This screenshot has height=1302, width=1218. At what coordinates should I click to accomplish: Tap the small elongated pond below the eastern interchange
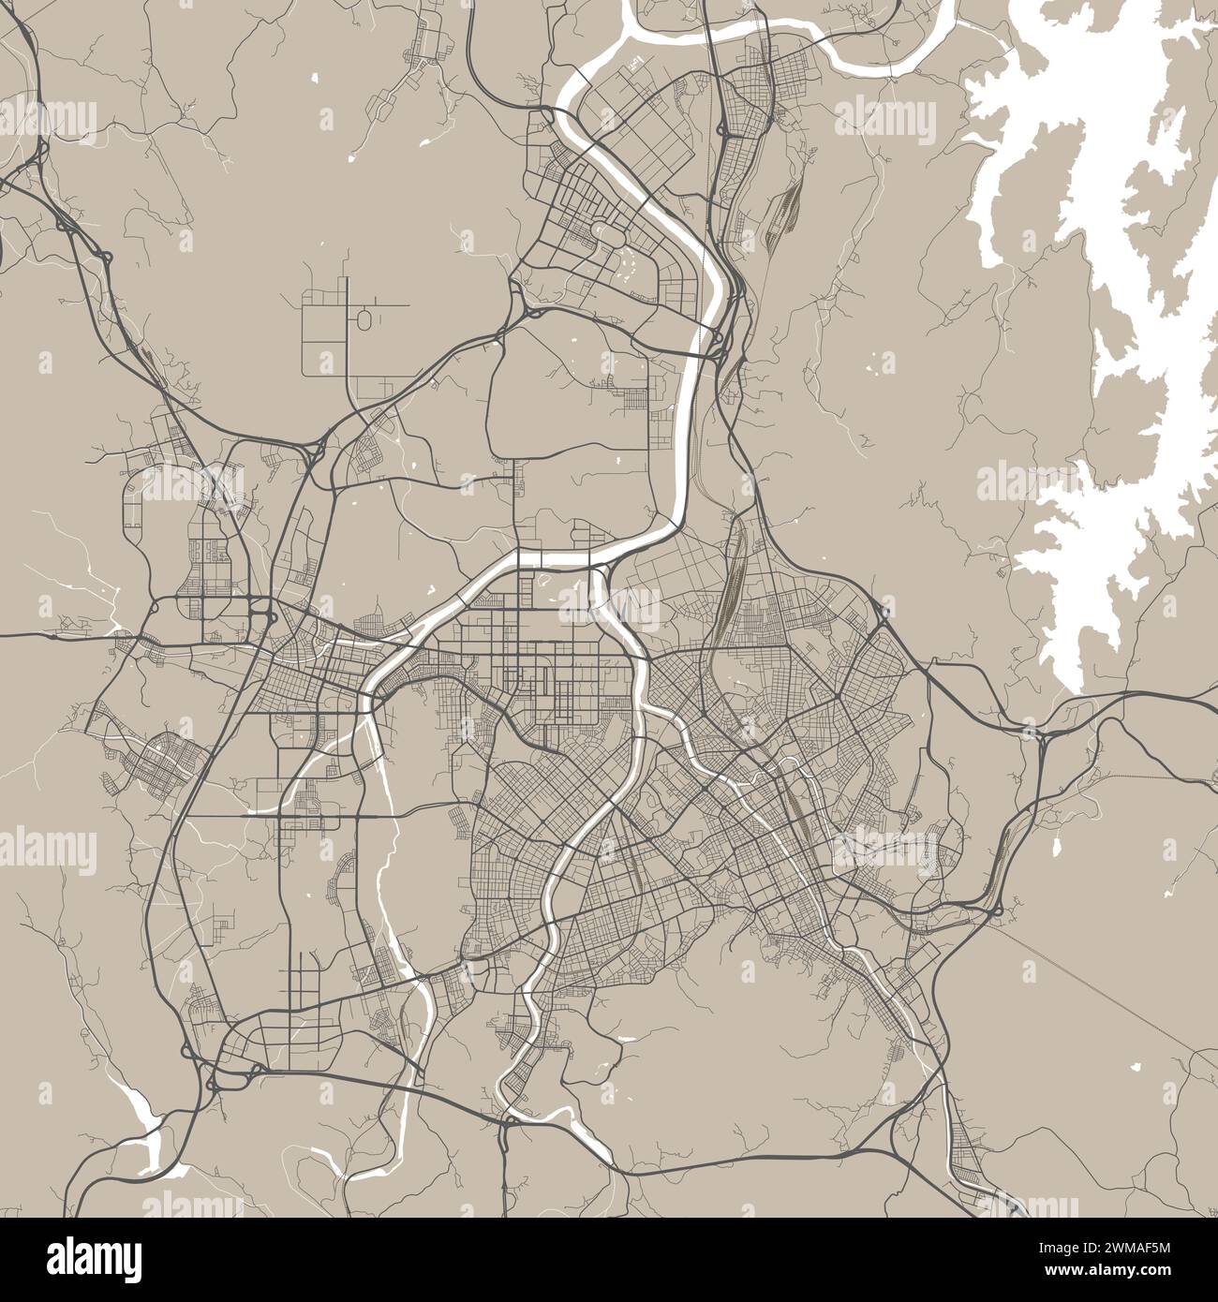click(1053, 843)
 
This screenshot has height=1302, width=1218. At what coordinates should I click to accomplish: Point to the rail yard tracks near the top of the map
click(782, 215)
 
